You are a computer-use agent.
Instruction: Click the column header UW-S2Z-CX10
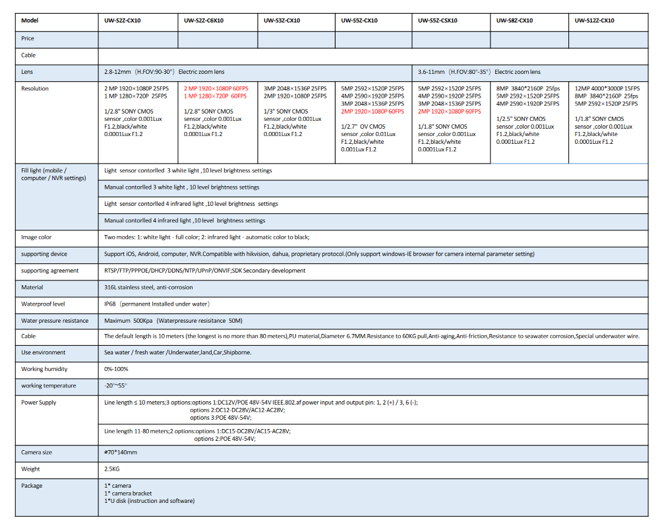[122, 20]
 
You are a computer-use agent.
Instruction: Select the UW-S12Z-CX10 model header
[594, 20]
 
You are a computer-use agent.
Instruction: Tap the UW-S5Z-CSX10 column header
[440, 20]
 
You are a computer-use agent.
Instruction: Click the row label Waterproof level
[43, 304]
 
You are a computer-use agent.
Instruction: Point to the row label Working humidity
[44, 369]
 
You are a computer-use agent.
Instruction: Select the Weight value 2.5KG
[113, 469]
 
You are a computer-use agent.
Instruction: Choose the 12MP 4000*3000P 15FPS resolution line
[607, 88]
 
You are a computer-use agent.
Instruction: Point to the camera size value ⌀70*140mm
[121, 453]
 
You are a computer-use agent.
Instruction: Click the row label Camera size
[36, 453]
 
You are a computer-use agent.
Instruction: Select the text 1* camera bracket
[128, 494]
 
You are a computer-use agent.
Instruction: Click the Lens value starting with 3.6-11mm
[479, 72]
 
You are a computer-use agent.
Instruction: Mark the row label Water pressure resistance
[55, 321]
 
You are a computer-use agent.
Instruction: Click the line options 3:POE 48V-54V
[220, 418]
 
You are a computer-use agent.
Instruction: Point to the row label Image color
[36, 238]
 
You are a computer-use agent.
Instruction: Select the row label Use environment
[44, 352]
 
